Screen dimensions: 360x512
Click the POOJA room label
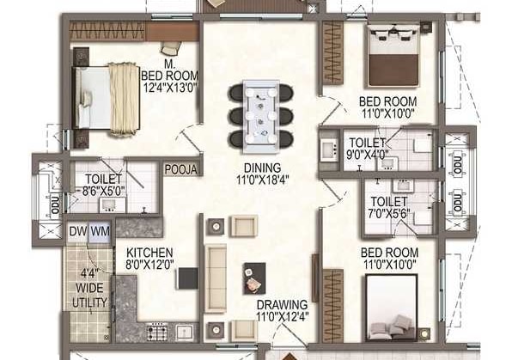pos(182,169)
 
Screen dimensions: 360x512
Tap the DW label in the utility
pos(78,231)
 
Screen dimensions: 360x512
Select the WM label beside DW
pos(100,231)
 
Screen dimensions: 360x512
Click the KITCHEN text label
pos(150,253)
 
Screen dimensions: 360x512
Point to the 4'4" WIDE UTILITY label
pos(89,290)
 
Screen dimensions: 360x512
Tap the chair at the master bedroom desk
pos(171,48)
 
